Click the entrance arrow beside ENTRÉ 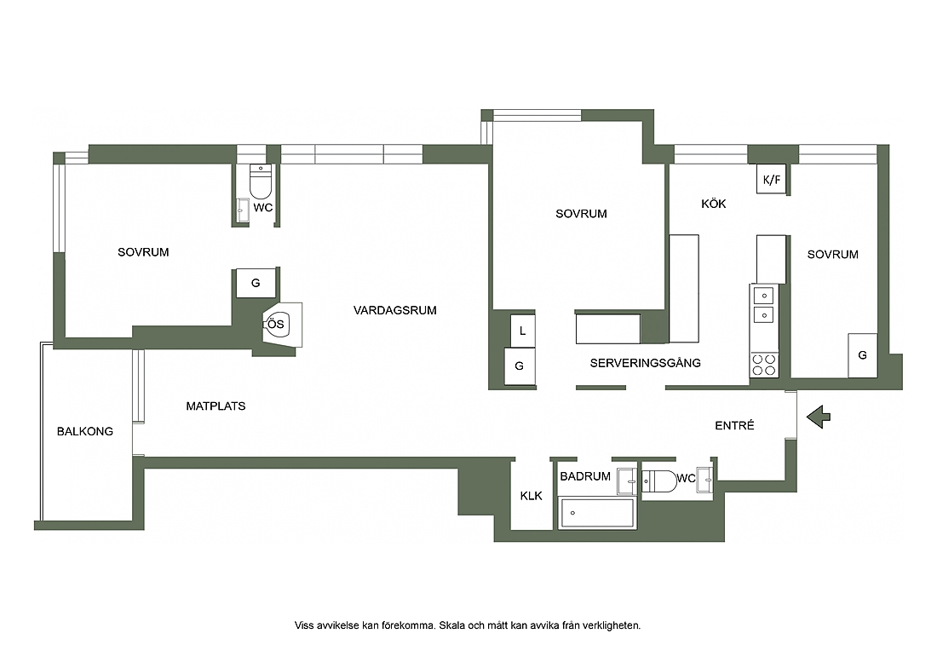[x=818, y=417]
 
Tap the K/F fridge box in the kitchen [x=772, y=179]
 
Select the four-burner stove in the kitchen [x=764, y=365]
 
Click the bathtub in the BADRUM [x=597, y=514]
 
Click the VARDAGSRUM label [x=395, y=310]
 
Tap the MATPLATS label [x=216, y=406]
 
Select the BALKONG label [x=85, y=431]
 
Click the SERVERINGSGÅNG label [x=646, y=363]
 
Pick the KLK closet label [x=532, y=496]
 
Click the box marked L [x=523, y=331]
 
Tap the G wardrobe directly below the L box [x=520, y=366]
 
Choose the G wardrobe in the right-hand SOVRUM [x=862, y=355]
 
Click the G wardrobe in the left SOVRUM [x=256, y=283]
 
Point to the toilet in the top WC [x=261, y=181]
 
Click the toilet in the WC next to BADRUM [x=659, y=481]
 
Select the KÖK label [x=714, y=204]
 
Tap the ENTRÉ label [x=734, y=425]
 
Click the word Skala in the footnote [x=452, y=625]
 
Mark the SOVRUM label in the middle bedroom [x=582, y=214]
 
